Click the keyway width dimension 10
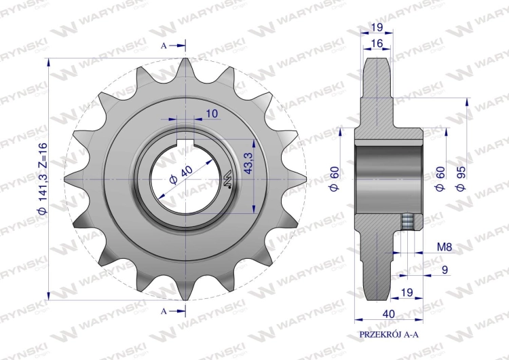coord(212,113)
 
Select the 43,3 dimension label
coord(249,162)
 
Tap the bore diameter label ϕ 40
coord(181,175)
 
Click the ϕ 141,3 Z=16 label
coord(43,179)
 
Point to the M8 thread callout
coord(445,247)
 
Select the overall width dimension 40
coord(389,314)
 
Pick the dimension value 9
coord(445,270)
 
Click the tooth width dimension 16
coord(377,43)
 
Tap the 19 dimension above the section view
coord(377,27)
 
